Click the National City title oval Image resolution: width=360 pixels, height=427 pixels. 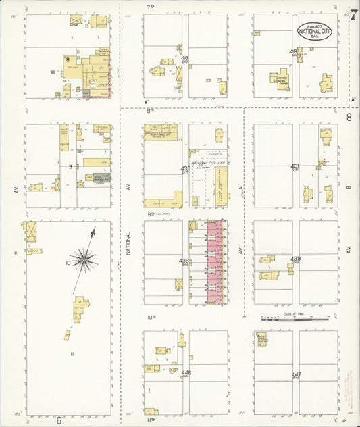pos(315,31)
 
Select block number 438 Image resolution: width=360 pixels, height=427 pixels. pos(184,261)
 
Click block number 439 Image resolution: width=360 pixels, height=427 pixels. pos(296,259)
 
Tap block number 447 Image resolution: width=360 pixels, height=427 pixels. pos(296,374)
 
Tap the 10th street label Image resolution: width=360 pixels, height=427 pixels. pos(152,317)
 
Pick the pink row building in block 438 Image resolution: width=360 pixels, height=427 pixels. pos(215,261)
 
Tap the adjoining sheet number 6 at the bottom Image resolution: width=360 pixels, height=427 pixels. pos(59,420)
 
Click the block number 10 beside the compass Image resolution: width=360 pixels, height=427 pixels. pos(68,261)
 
